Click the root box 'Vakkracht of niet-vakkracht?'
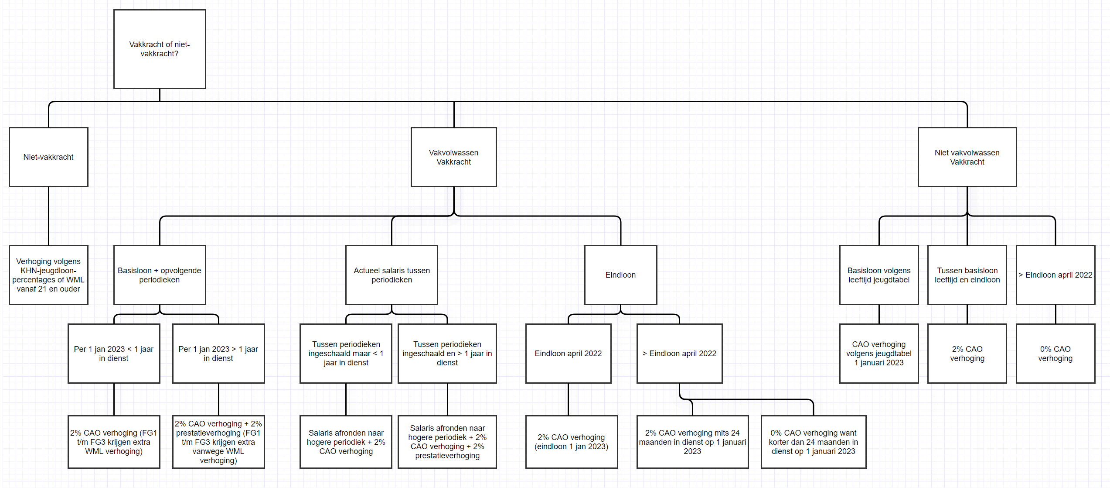(x=160, y=49)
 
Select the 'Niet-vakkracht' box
(x=48, y=157)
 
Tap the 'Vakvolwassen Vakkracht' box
(x=453, y=157)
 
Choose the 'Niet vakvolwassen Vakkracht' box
(x=967, y=157)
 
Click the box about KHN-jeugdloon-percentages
(x=48, y=275)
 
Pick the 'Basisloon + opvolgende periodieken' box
(x=160, y=275)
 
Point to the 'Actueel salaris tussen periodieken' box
(x=392, y=275)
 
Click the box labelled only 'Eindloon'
(x=620, y=275)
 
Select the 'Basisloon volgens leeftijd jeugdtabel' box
(x=879, y=275)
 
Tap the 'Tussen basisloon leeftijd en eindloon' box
(x=967, y=275)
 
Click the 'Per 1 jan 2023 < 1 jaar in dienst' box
(x=114, y=354)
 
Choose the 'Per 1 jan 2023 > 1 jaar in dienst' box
(x=218, y=354)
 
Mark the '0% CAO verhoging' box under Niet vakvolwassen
(x=1056, y=354)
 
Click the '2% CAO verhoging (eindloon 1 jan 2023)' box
(x=572, y=442)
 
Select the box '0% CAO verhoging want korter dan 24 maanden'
(x=814, y=442)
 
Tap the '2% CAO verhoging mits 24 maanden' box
(x=692, y=442)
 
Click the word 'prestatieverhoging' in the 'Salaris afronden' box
(x=447, y=456)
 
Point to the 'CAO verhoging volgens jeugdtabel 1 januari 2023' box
(x=879, y=354)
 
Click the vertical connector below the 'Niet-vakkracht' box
(x=48, y=216)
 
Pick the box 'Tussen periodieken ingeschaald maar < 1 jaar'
(x=346, y=354)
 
